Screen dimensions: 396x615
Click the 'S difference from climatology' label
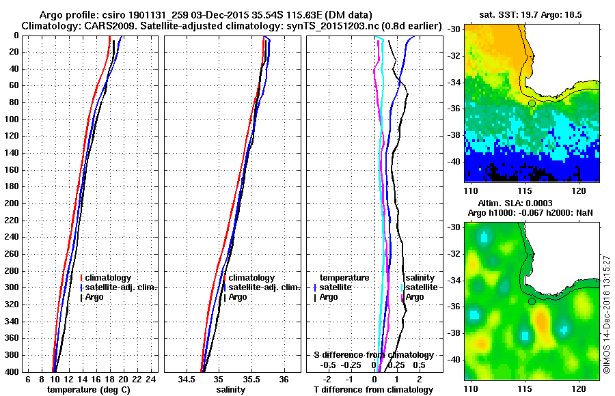(373, 355)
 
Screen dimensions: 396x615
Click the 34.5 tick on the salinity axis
(187, 379)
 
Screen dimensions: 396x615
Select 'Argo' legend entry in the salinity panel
(238, 297)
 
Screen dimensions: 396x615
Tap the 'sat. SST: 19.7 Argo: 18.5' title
(532, 14)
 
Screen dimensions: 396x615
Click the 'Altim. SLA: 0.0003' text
(532, 203)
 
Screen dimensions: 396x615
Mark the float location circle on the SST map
(532, 103)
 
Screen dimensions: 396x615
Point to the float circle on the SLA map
(532, 301)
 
